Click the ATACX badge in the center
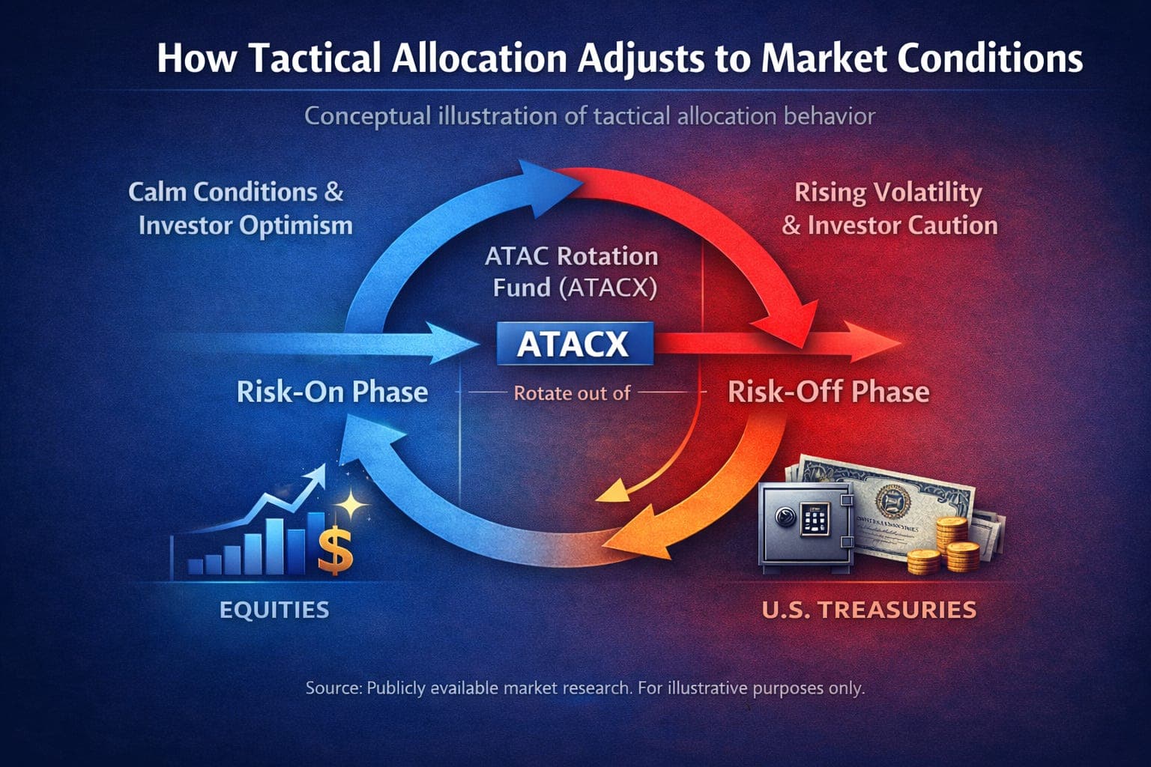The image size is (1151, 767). click(x=574, y=344)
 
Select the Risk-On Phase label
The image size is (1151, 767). click(x=332, y=392)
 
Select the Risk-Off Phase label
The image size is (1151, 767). click(x=828, y=392)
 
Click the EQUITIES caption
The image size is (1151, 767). click(x=274, y=610)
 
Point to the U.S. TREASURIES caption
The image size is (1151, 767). click(x=868, y=610)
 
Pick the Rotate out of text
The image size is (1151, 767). click(x=572, y=393)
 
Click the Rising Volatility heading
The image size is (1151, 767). click(x=888, y=192)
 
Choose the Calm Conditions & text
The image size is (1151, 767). click(x=235, y=192)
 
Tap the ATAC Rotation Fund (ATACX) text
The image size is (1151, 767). click(x=572, y=272)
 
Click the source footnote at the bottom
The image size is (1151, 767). click(x=584, y=688)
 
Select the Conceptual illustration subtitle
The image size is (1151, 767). click(x=589, y=117)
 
